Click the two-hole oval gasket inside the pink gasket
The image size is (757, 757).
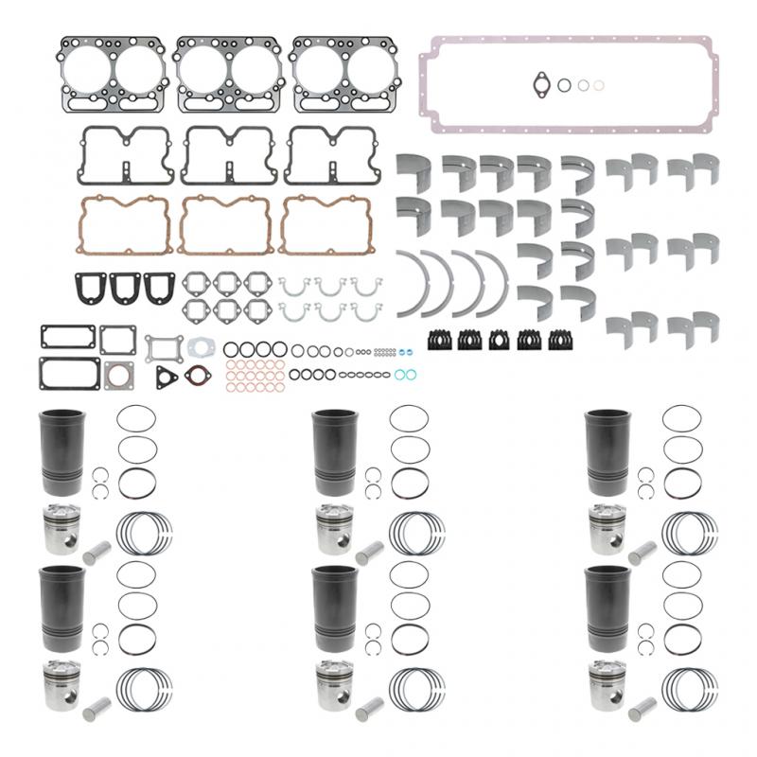click(541, 84)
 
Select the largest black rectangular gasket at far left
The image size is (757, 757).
click(70, 373)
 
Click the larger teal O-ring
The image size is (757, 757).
click(405, 375)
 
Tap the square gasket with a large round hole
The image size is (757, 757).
click(118, 374)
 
